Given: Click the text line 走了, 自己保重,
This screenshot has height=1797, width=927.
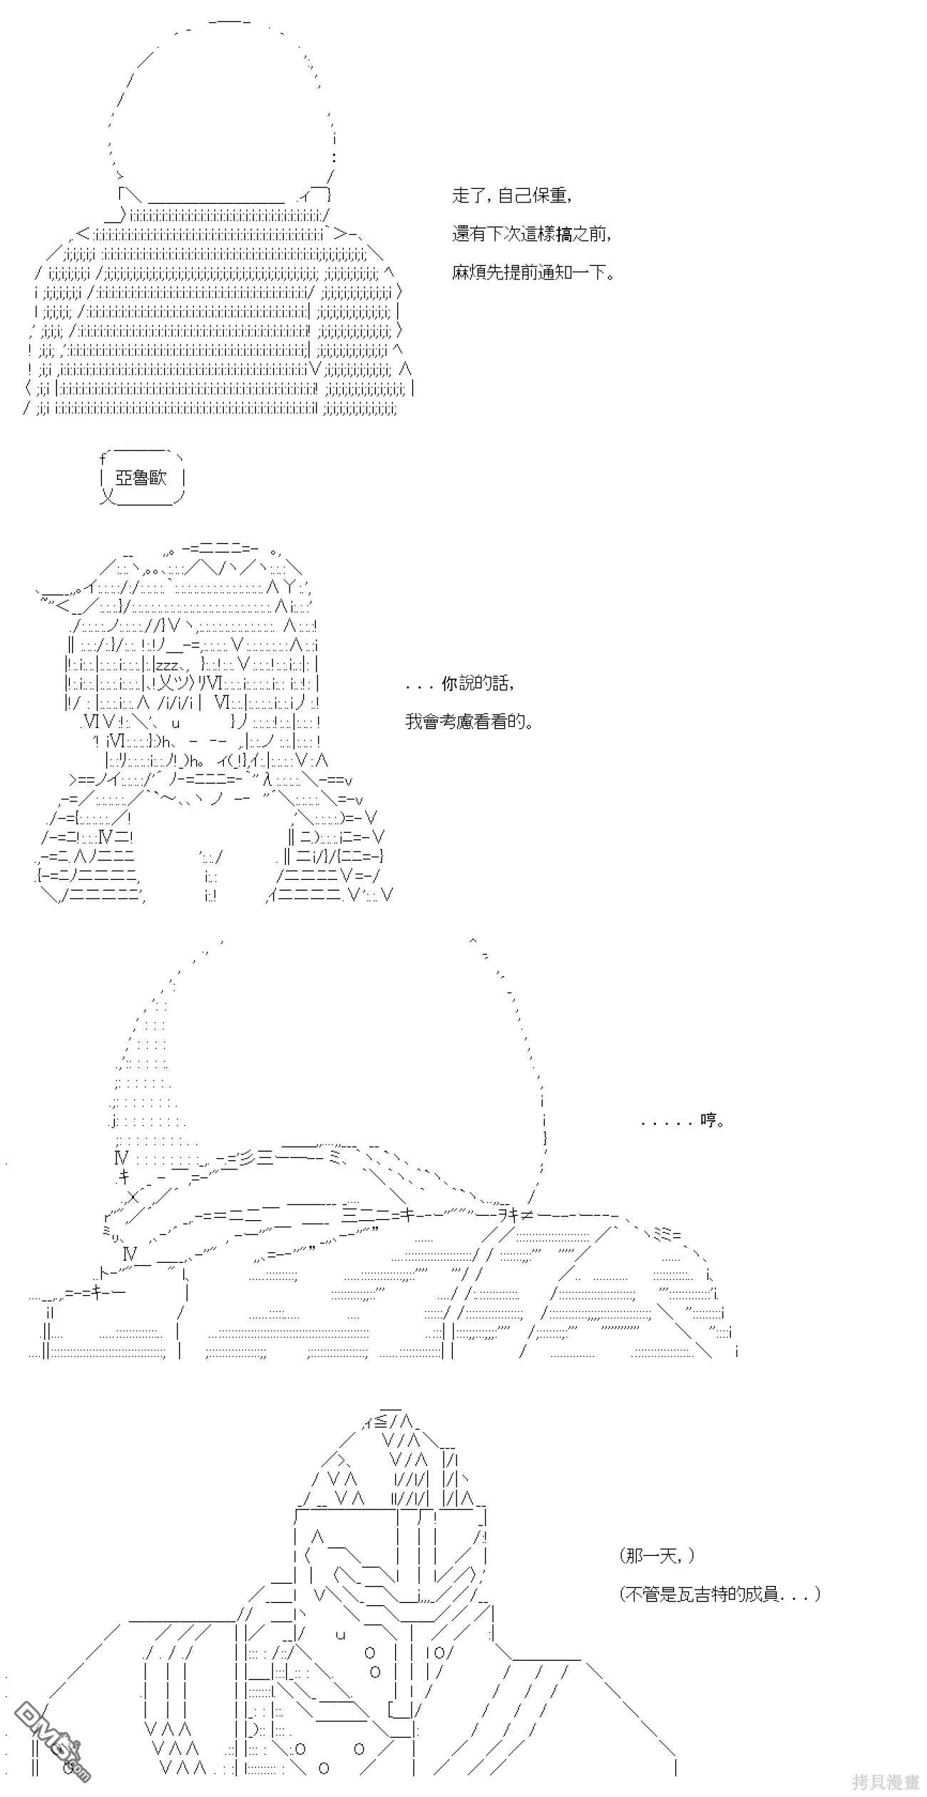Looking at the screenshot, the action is coord(511,195).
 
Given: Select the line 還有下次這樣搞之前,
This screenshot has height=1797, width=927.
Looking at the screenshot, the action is coord(532,234).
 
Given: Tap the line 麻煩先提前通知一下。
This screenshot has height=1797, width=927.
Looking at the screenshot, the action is coord(533,272).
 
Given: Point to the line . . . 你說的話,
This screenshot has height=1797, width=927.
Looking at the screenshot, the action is coord(459,683).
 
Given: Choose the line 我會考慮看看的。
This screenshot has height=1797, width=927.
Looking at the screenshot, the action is coord(469,722).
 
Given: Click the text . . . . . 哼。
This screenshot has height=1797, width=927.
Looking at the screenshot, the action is coord(684,1120).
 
